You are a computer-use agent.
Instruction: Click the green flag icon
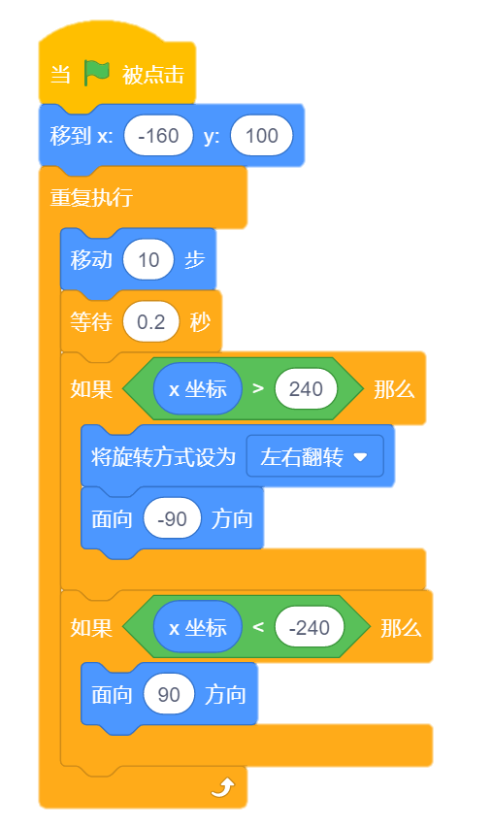[x=97, y=73]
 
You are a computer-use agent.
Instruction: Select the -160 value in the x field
[x=158, y=136]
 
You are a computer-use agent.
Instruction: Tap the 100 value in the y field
[x=261, y=136]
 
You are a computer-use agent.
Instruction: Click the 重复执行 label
[x=91, y=197]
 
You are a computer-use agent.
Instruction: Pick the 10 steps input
[x=148, y=260]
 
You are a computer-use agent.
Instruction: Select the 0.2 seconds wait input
[x=151, y=321]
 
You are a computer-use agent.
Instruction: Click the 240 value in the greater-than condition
[x=306, y=389]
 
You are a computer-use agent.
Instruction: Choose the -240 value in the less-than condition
[x=310, y=628]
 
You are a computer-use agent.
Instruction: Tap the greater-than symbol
[x=258, y=389]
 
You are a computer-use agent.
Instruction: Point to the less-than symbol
[x=258, y=628]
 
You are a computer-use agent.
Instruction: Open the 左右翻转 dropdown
[x=314, y=457]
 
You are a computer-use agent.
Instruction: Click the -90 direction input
[x=172, y=519]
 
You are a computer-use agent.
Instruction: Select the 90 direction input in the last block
[x=169, y=694]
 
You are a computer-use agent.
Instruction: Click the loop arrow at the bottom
[x=223, y=787]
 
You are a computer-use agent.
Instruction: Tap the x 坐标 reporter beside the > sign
[x=197, y=389]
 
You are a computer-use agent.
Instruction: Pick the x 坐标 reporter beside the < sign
[x=197, y=628]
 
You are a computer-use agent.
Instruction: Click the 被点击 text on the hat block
[x=153, y=75]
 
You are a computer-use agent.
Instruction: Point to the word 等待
[x=91, y=321]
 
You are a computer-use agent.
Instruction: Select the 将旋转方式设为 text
[x=163, y=457]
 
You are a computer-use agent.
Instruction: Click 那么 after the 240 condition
[x=394, y=389]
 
